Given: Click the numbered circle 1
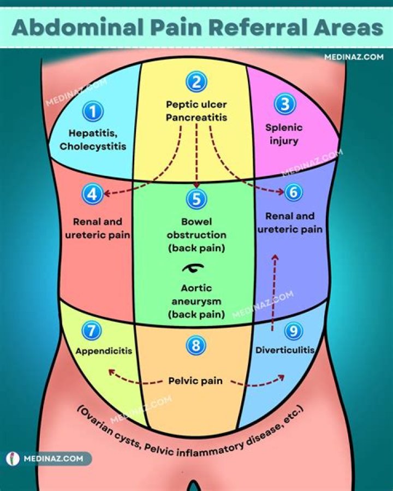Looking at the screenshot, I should (93, 112).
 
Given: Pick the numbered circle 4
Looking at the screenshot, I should (92, 193).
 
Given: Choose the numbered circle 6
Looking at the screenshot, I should (294, 192).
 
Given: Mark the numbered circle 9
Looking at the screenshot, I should (294, 330).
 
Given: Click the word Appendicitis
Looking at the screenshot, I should (104, 351).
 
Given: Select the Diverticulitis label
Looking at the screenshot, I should (284, 350).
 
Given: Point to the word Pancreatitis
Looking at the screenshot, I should (196, 117).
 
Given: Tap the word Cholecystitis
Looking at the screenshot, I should (93, 146).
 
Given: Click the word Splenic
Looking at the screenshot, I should (284, 128).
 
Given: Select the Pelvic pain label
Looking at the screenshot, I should (195, 381).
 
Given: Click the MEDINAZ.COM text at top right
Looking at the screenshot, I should (354, 56).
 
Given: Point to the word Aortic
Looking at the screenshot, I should (196, 288).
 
